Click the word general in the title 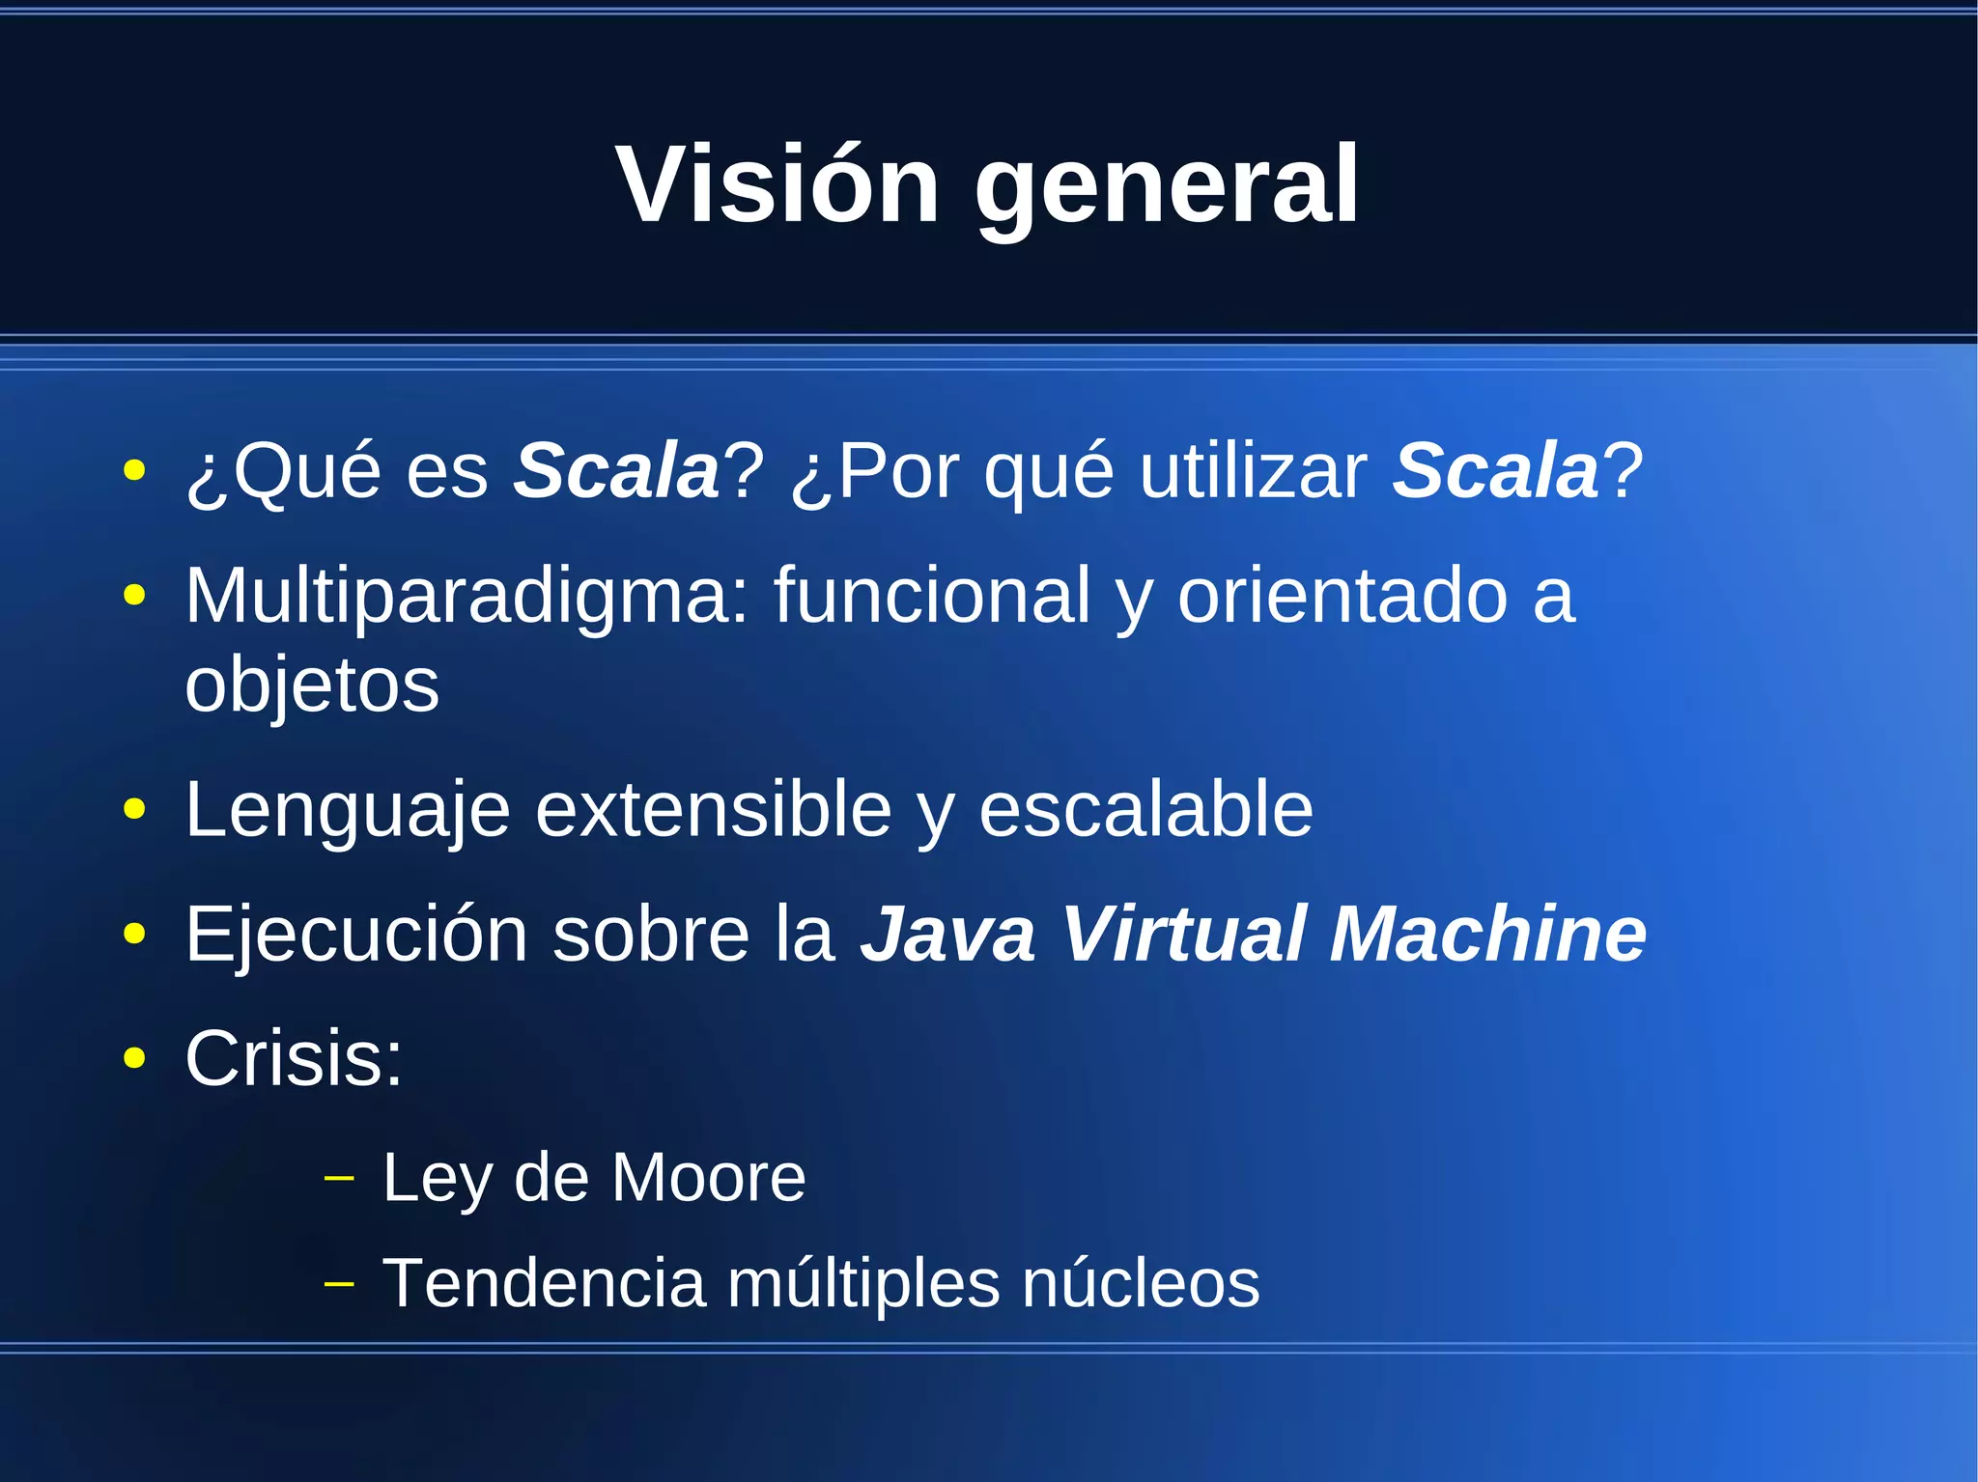pos(1167,188)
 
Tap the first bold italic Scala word pos(616,470)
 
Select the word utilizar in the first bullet pos(1253,470)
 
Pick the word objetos pos(312,685)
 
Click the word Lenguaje pos(347,811)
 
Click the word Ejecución pos(356,935)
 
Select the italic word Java pos(947,935)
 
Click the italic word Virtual pos(1184,935)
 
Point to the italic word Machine pos(1487,935)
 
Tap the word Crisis pos(293,1058)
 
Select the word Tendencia pos(544,1283)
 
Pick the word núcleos pos(1140,1283)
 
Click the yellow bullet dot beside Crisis pos(134,1058)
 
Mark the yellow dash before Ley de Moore pos(339,1178)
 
